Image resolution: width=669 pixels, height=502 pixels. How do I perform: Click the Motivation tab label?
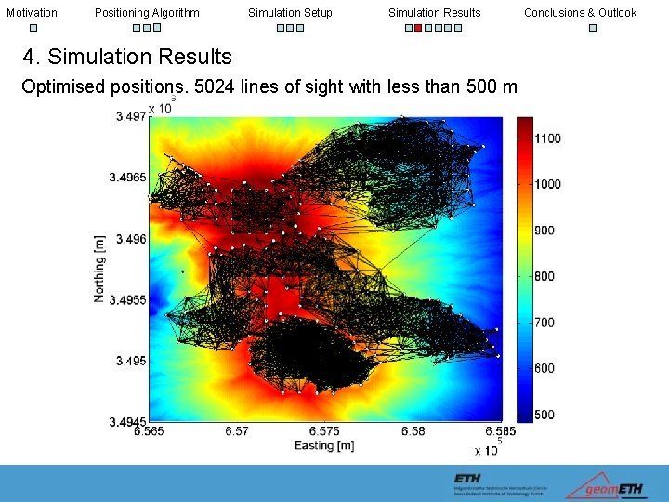tap(32, 12)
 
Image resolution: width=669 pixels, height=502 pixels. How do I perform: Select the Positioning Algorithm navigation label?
tap(147, 12)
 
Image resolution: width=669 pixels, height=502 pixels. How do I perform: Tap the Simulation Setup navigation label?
tap(290, 12)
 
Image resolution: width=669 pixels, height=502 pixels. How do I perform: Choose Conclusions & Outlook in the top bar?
tap(580, 12)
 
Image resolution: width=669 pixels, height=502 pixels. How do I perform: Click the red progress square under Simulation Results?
tap(418, 28)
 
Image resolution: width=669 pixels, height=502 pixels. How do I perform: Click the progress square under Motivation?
tap(33, 28)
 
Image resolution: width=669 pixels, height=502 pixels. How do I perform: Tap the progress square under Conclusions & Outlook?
tap(593, 28)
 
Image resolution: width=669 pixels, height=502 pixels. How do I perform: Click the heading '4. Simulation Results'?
tap(127, 58)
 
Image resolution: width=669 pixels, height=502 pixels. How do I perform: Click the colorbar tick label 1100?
tap(547, 139)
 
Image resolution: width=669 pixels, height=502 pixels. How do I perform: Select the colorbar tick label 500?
tap(544, 415)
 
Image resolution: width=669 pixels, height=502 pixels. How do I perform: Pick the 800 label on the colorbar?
tap(544, 276)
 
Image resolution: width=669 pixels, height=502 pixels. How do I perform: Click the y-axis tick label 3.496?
tap(131, 239)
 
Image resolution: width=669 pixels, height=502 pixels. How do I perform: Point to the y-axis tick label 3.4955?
tap(128, 300)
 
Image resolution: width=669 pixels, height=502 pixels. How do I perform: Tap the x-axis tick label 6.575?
tap(324, 431)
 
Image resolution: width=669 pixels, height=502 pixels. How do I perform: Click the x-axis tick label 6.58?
tap(413, 431)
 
